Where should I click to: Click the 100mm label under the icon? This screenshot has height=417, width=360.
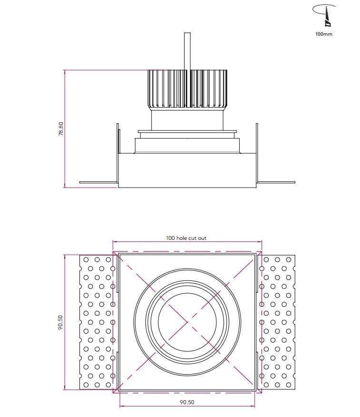point(324,34)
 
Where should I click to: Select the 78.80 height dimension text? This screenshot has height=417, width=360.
point(61,129)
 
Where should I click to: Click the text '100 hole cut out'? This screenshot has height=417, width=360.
point(186,238)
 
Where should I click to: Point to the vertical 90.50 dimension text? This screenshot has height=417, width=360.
point(61,322)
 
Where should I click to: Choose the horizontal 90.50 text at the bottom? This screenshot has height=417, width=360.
point(187,402)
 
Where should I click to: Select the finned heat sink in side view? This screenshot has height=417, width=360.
point(187,89)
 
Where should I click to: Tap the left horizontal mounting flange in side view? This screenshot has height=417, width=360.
point(98,182)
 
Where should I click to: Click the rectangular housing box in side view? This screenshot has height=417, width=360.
point(187,170)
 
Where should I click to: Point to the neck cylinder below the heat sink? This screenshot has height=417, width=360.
point(187,119)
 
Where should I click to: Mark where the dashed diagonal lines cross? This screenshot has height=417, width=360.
point(187,322)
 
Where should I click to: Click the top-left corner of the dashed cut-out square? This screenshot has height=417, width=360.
point(113,251)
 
